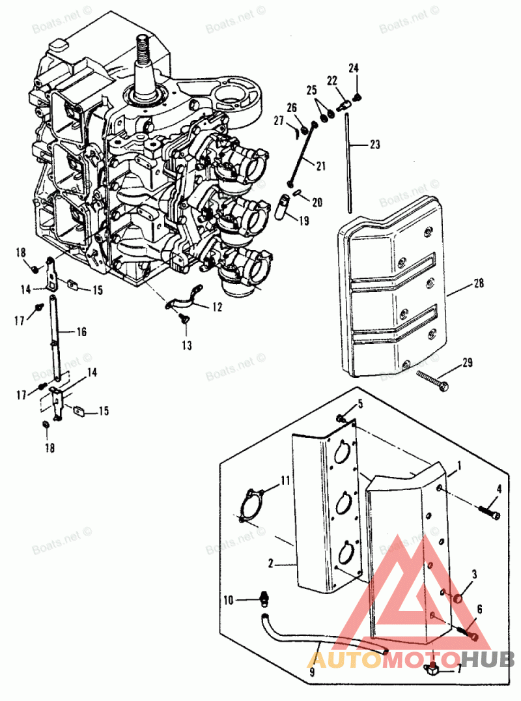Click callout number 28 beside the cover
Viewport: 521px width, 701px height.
[x=479, y=285]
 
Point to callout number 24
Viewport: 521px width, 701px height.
[x=354, y=68]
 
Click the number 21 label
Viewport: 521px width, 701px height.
[x=320, y=166]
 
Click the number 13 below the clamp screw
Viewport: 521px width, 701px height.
[x=187, y=345]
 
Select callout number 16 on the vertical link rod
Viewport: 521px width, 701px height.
[x=81, y=332]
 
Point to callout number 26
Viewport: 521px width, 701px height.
[x=291, y=107]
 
